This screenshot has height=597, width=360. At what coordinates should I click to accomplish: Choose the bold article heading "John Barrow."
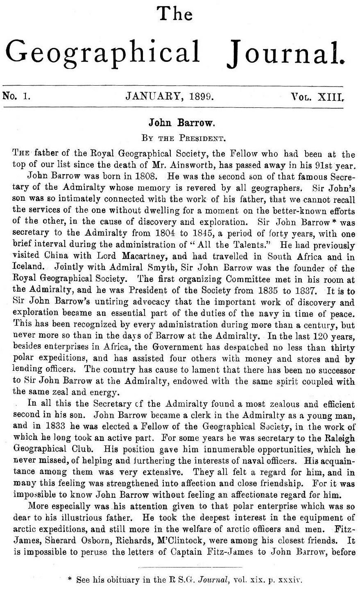pos(179,123)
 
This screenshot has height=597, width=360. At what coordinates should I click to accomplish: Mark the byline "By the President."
pos(179,138)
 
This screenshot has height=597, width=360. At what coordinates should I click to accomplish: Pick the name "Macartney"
pos(149,257)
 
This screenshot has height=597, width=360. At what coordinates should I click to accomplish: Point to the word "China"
pos(55,257)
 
